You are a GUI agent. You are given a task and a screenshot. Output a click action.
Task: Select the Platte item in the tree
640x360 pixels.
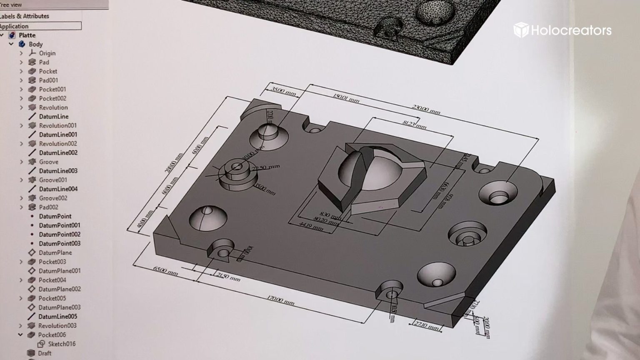click(x=27, y=35)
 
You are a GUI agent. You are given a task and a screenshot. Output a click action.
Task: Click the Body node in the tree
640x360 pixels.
click(x=35, y=44)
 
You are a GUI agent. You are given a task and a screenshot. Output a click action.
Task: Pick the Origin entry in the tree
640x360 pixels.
click(x=47, y=53)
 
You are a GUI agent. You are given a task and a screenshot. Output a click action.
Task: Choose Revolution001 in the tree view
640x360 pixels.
click(x=57, y=125)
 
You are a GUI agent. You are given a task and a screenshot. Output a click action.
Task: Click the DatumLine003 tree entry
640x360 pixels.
click(x=58, y=171)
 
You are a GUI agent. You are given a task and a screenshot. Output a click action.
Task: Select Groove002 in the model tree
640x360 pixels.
click(x=53, y=198)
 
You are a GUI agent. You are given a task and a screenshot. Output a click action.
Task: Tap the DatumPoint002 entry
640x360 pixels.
click(x=60, y=235)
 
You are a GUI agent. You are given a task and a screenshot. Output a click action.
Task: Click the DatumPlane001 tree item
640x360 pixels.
click(x=60, y=271)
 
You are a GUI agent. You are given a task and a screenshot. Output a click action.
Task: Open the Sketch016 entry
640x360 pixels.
click(x=61, y=344)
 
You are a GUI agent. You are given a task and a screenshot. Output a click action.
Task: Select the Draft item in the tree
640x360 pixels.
click(x=45, y=353)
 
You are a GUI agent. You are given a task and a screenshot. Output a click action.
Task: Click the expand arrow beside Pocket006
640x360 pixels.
click(x=20, y=335)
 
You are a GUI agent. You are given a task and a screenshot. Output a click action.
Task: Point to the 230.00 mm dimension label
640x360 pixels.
click(x=426, y=110)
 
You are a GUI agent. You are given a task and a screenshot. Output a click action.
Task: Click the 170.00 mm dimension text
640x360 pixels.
click(x=280, y=300)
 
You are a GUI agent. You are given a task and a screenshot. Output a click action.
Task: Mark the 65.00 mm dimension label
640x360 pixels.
click(x=165, y=271)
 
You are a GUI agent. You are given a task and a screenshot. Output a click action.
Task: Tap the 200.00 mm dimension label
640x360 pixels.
click(x=174, y=163)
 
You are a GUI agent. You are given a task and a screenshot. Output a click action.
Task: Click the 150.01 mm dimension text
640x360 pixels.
click(x=346, y=98)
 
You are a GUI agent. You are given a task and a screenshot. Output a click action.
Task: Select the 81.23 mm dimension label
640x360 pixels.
click(x=414, y=124)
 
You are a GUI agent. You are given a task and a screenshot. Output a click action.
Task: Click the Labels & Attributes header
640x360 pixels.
click(x=25, y=16)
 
